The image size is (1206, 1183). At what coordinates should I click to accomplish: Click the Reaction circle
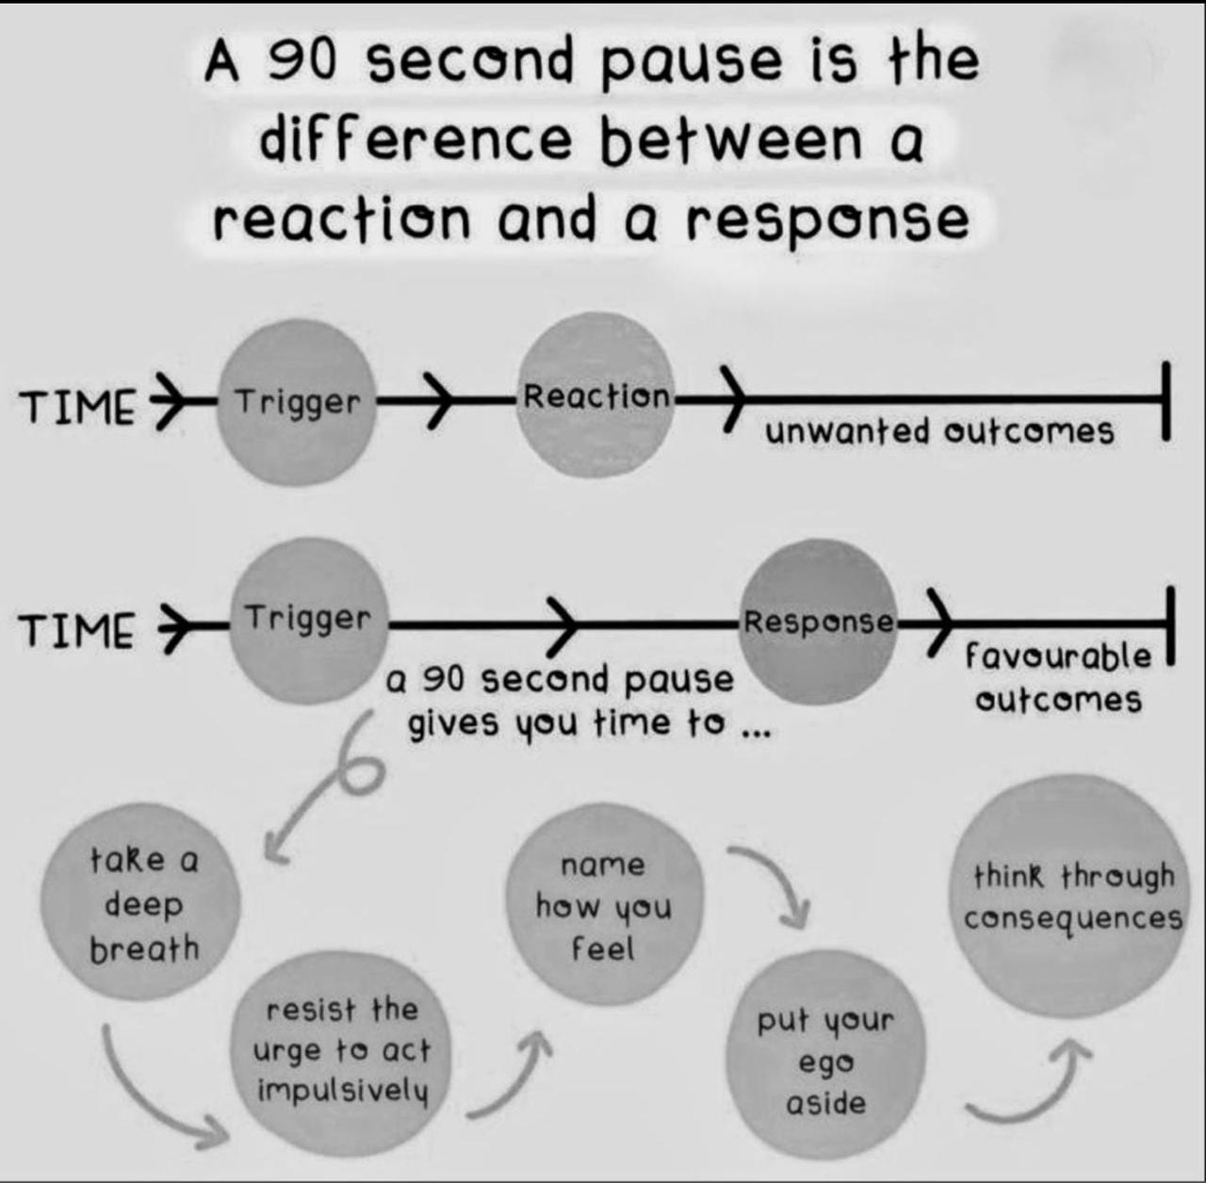(x=595, y=396)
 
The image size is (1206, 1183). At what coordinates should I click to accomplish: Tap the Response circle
(x=818, y=622)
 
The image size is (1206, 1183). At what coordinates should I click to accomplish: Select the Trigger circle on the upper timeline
(x=297, y=402)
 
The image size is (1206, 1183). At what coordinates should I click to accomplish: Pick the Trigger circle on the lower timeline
(x=309, y=620)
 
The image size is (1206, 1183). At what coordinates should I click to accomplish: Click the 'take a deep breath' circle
(x=141, y=902)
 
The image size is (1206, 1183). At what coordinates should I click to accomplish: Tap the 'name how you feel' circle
(x=604, y=906)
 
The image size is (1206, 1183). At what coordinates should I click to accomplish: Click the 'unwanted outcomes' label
(x=939, y=432)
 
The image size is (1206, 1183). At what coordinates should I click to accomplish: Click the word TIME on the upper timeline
(x=77, y=407)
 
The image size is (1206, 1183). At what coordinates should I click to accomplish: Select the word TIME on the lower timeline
(x=77, y=629)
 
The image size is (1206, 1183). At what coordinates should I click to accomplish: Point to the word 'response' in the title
(x=827, y=219)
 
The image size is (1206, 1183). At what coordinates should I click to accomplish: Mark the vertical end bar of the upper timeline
(x=1166, y=400)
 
